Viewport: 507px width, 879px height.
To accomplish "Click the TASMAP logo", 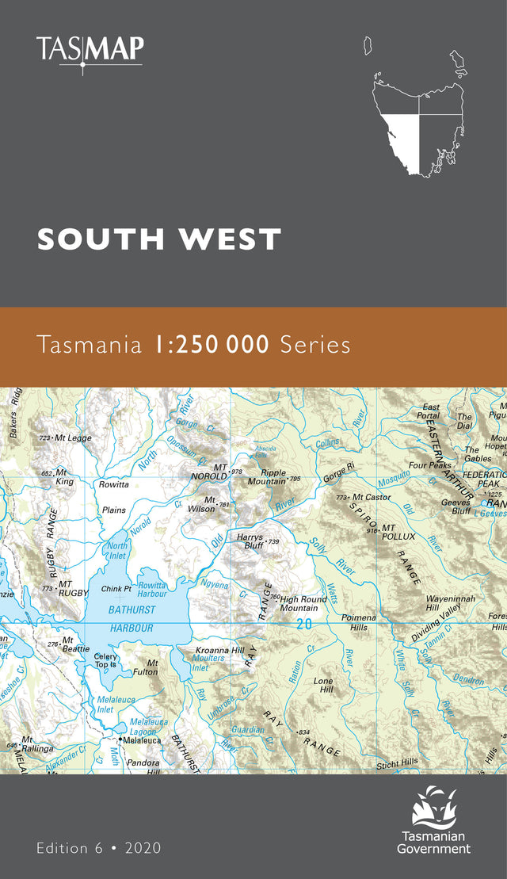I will [90, 52].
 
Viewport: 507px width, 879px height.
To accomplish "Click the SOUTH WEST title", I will [159, 239].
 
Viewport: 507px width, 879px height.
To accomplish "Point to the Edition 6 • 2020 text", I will [98, 848].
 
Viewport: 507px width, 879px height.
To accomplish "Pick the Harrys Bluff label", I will [250, 541].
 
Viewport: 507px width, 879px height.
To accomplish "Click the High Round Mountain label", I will [303, 604].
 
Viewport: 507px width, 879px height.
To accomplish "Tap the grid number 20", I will [303, 625].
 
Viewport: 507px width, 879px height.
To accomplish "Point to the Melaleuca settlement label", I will [143, 740].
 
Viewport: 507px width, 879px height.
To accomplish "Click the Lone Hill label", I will [323, 686].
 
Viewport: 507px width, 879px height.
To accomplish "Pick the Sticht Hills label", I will [397, 762].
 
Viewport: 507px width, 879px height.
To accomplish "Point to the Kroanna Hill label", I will [220, 650].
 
